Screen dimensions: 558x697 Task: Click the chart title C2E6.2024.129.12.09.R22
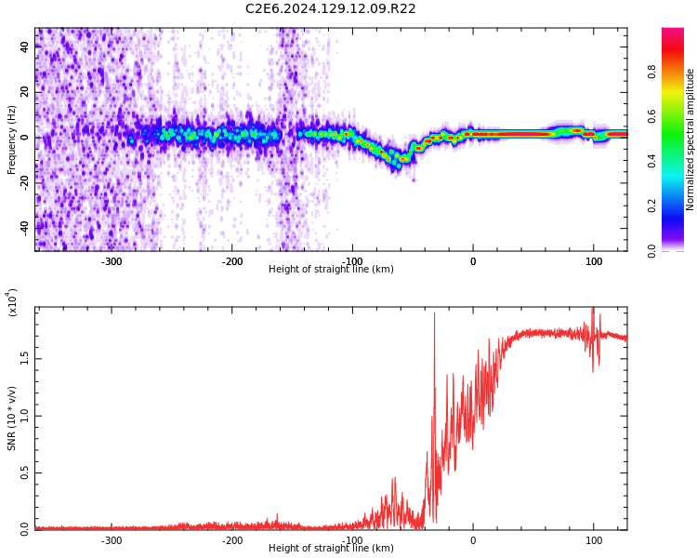[330, 9]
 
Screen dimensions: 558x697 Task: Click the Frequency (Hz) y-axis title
[12, 139]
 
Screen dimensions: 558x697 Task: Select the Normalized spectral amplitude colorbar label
[690, 139]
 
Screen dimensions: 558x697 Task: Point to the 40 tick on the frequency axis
[25, 48]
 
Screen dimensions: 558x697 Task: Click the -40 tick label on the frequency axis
[23, 227]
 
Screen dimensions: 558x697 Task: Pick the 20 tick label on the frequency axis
[25, 93]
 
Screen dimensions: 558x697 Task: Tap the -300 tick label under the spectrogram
[112, 261]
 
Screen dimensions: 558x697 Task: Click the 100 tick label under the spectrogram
[593, 261]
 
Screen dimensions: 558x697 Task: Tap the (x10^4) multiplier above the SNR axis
[13, 302]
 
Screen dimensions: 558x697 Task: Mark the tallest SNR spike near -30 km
[434, 313]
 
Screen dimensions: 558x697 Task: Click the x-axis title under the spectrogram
[331, 270]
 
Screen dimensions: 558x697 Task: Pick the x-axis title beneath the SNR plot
[331, 549]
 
